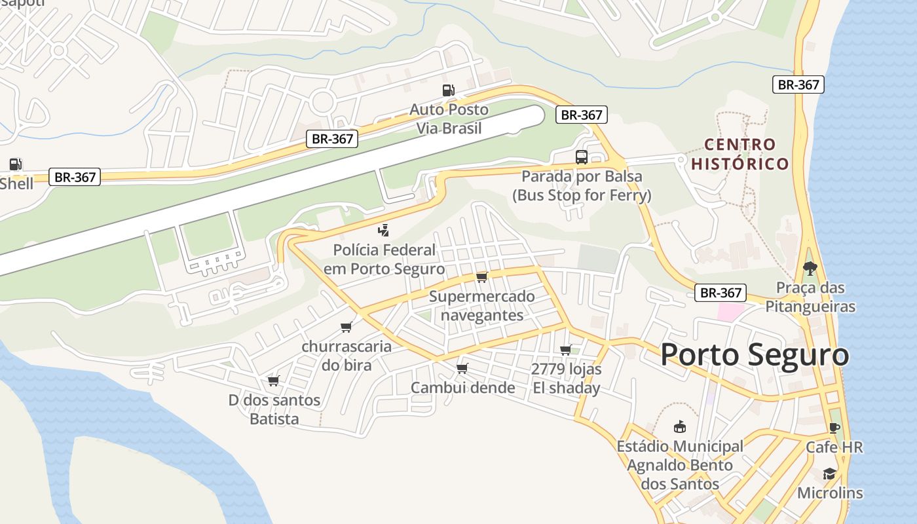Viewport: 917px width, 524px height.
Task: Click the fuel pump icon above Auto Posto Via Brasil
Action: coord(448,90)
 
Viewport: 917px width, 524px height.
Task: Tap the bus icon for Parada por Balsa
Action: coord(581,157)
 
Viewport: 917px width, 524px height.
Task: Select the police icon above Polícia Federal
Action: coord(384,231)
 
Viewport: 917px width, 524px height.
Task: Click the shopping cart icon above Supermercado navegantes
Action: coord(482,277)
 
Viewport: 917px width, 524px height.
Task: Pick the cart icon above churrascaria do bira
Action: coord(346,327)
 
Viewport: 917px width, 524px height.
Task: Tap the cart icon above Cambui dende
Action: coord(462,368)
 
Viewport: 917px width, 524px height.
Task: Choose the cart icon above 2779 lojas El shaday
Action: coord(566,350)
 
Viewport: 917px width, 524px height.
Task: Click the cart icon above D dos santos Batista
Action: coord(274,381)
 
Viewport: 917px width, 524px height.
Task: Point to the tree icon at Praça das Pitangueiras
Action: coord(810,268)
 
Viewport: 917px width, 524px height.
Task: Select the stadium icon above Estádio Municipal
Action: coord(680,427)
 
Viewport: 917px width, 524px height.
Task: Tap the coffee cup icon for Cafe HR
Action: coord(834,428)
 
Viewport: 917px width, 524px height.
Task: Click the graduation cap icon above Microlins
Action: coord(829,474)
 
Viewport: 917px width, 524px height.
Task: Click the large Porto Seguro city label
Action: coord(755,355)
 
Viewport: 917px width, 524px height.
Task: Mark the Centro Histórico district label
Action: coord(740,154)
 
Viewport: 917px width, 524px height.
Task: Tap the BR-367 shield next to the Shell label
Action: coord(75,177)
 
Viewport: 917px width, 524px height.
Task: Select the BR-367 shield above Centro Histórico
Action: coord(798,84)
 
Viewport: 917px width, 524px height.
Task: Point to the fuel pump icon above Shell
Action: coord(15,164)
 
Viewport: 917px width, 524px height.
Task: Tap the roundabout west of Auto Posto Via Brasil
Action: coord(322,102)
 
